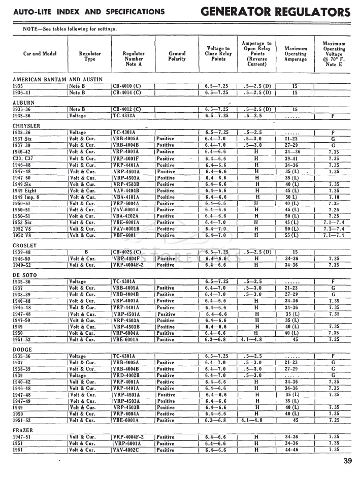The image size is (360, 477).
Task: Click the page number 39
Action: point(347,461)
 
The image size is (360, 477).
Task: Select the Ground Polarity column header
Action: point(177,55)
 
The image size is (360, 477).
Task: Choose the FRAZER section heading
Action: point(22,430)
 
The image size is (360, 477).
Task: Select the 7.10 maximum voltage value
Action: point(333,197)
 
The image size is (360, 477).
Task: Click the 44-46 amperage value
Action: point(291,450)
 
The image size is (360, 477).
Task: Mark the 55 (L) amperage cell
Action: point(292,235)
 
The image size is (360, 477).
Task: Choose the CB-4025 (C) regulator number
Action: point(128,252)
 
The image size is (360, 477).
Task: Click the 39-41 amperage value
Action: point(291,158)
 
